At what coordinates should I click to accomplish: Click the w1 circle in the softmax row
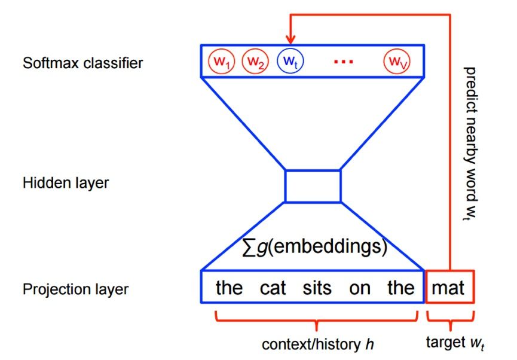click(221, 62)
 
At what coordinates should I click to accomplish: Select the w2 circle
click(255, 62)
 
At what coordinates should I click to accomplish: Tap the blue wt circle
click(290, 62)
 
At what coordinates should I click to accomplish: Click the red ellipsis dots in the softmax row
click(344, 62)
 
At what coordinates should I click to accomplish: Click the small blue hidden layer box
click(313, 185)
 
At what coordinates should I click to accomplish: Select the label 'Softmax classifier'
click(83, 63)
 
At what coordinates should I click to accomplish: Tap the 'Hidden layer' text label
click(66, 182)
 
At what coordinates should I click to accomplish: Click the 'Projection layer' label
click(75, 289)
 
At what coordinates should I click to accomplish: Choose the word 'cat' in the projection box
click(273, 288)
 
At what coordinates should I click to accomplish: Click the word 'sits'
click(317, 288)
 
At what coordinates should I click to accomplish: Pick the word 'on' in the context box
click(360, 289)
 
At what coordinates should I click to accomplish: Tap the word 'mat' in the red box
click(449, 288)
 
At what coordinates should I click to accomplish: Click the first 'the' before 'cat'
click(229, 288)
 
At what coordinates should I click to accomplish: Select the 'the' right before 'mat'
click(400, 288)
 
